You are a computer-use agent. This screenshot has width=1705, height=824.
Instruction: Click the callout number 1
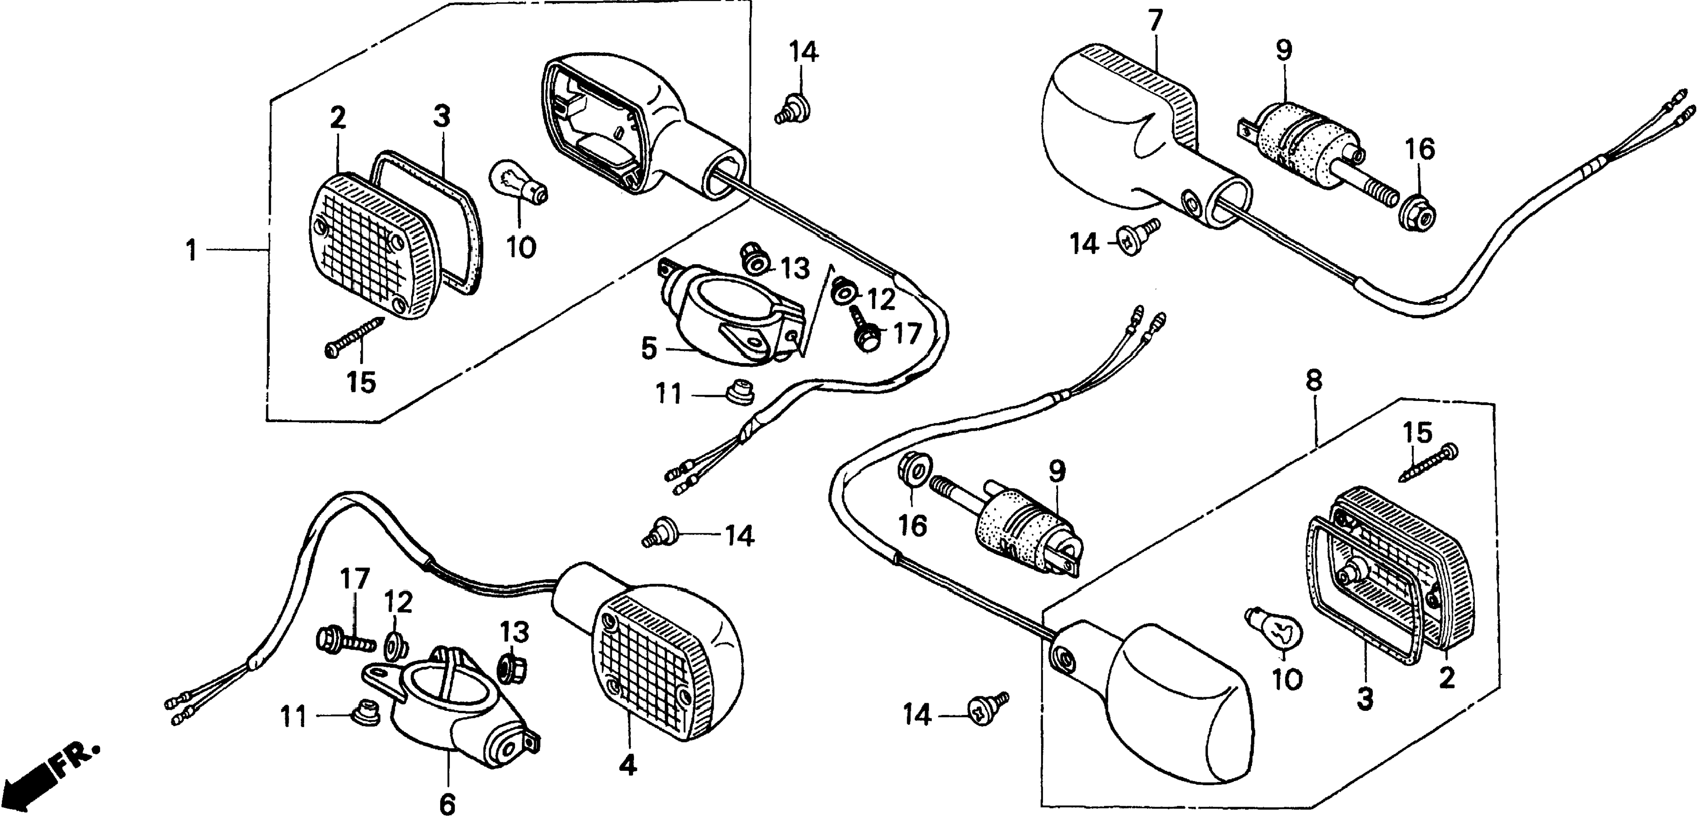click(191, 250)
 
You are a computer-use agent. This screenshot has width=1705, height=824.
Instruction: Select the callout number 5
click(649, 348)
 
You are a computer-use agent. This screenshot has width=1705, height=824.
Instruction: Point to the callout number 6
click(447, 804)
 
